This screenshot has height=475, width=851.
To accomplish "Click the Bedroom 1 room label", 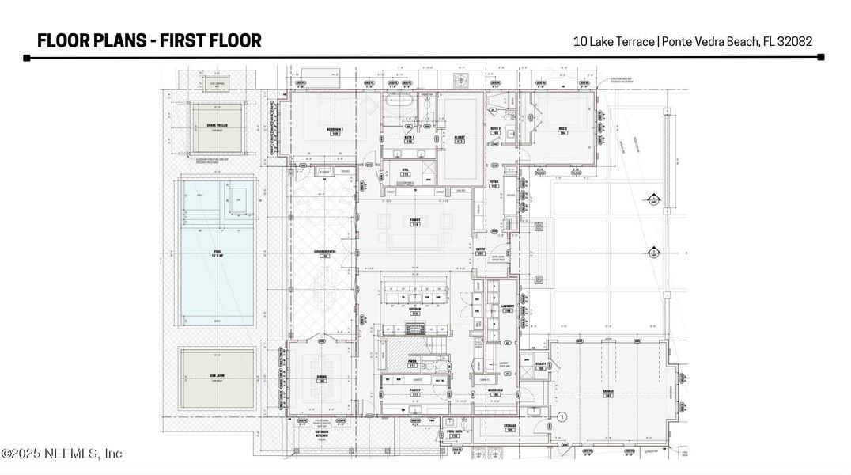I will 335,131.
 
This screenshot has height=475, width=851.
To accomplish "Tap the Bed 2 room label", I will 563,130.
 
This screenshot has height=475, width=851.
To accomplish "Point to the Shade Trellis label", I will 217,125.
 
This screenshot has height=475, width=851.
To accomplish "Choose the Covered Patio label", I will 322,253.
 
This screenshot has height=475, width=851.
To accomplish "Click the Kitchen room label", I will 414,311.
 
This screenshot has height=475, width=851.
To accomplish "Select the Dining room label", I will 322,378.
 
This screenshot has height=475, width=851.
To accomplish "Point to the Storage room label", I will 510,428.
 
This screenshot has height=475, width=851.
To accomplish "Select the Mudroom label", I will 496,392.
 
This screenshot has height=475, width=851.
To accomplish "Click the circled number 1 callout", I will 562,416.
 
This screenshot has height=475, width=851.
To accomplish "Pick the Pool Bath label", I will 453,433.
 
